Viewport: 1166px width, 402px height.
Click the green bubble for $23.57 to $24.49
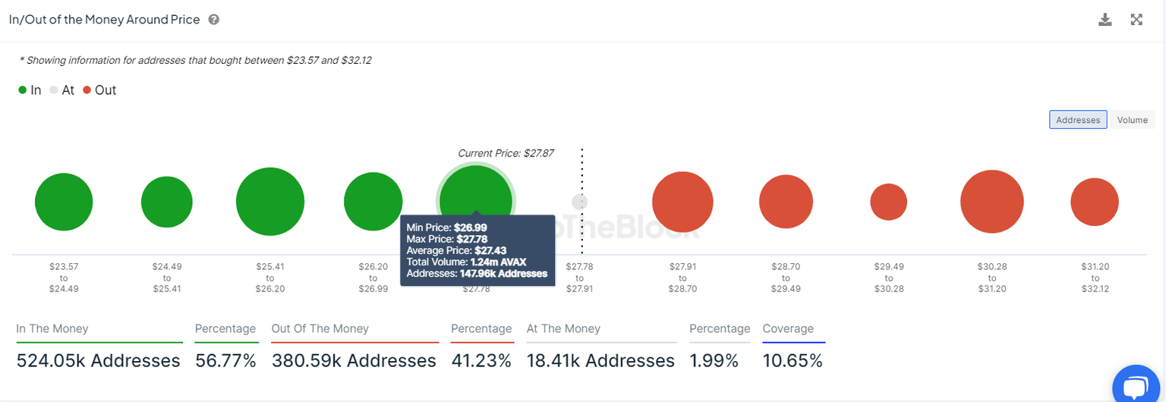coord(64,203)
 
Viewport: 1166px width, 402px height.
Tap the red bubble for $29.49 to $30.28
coord(888,203)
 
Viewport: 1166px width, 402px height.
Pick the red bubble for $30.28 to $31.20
coord(991,203)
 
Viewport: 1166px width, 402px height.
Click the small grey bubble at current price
coord(579,202)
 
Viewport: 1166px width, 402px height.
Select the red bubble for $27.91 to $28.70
coord(682,203)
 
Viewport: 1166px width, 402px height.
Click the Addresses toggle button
coord(1078,120)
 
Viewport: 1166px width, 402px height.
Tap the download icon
coord(1105,20)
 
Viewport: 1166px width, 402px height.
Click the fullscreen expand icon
coord(1136,20)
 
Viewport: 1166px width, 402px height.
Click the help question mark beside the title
coord(214,20)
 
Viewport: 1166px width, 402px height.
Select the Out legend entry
coord(99,90)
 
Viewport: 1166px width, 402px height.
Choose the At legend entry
coord(62,90)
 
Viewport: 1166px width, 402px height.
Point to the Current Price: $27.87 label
coord(506,153)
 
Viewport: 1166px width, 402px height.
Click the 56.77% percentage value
coord(225,361)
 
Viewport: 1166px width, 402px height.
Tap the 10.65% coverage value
coord(793,361)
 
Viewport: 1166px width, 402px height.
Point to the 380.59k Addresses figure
coord(354,361)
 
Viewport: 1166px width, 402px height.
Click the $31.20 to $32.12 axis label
coord(1094,278)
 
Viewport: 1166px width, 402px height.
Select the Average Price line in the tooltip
coord(458,250)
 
